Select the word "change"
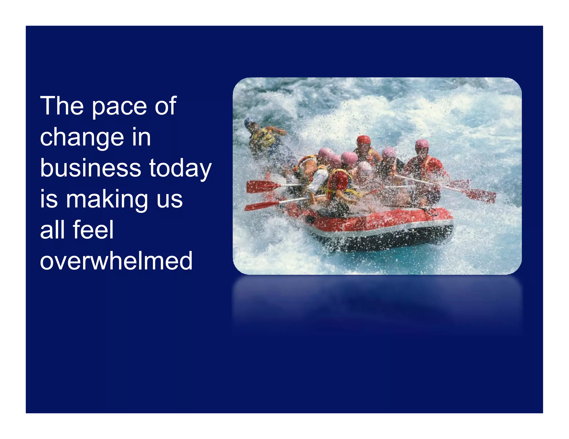82,138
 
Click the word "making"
107,200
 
